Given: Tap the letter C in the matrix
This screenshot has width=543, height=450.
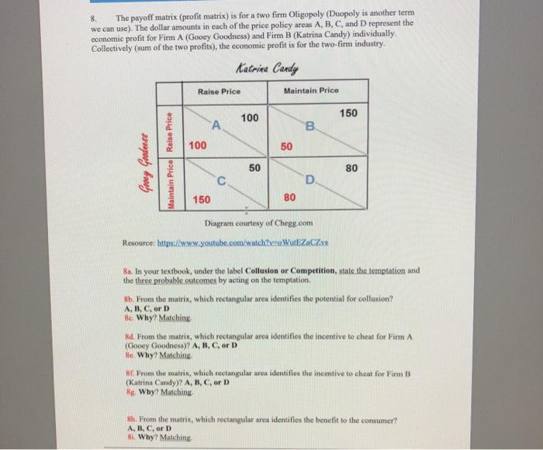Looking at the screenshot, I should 221,182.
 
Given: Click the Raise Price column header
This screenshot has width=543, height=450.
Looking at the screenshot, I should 219,91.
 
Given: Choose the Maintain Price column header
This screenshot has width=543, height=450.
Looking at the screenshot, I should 310,91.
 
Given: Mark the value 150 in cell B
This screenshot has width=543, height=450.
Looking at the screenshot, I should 348,114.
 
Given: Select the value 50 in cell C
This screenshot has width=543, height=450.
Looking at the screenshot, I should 254,167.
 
